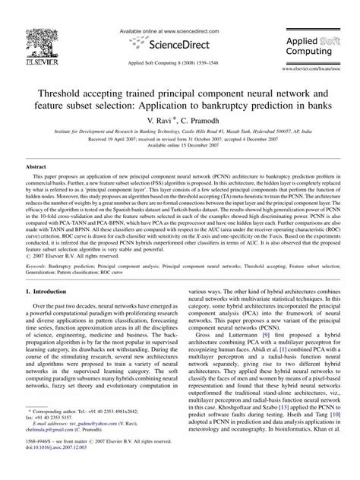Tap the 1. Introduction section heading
click(52, 291)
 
